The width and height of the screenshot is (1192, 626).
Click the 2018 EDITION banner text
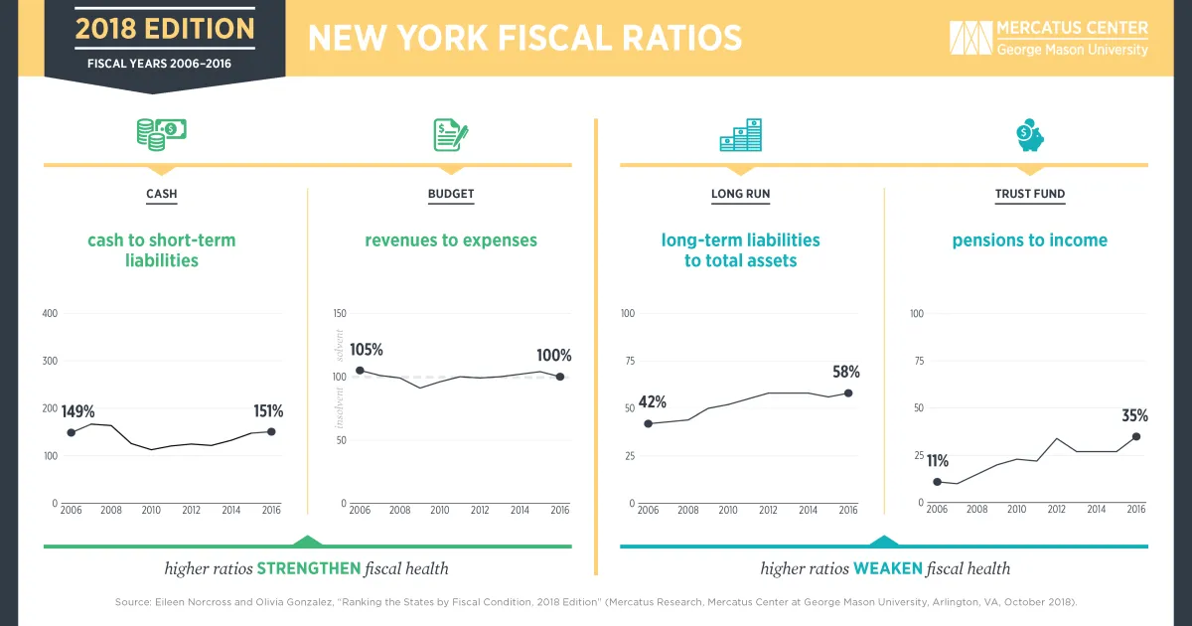[165, 28]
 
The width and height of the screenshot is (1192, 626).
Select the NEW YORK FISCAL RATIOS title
[524, 38]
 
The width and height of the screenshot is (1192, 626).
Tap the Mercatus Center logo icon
[970, 38]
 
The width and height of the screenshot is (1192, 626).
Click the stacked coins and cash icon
[161, 133]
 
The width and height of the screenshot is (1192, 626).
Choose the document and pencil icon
[450, 134]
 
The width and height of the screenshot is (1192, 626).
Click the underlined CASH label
[162, 195]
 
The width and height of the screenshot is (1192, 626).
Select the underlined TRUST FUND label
[1030, 195]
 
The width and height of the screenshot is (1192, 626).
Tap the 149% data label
[77, 411]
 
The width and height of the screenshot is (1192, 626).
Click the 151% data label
[267, 411]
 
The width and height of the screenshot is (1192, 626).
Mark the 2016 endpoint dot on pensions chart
[1136, 436]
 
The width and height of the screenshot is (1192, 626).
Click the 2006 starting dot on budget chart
[360, 371]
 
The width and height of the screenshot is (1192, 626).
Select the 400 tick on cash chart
[48, 314]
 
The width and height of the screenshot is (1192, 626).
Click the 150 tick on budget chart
[340, 314]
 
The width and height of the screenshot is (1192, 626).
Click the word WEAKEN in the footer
[886, 569]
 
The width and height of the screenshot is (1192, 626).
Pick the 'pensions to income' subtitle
[1029, 240]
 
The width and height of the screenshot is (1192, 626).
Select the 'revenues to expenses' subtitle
[451, 240]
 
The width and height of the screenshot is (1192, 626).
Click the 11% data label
[938, 461]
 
